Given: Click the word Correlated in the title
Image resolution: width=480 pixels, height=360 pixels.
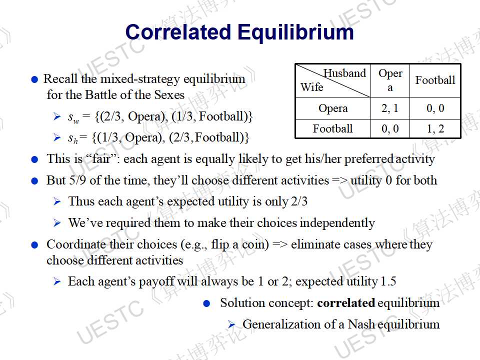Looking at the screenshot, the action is point(178,32).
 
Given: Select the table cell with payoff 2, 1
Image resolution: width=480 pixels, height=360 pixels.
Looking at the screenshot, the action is point(390,108).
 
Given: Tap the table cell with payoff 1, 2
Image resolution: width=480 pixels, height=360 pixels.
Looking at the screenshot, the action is point(435,129).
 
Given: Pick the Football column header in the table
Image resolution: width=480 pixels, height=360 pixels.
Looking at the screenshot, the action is point(435,80).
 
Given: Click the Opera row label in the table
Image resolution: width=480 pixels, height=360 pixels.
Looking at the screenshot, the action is point(333,108).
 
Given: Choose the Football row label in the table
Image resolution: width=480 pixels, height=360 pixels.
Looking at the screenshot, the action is point(333,128).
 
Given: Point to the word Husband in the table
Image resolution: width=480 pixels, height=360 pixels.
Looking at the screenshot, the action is point(344,73).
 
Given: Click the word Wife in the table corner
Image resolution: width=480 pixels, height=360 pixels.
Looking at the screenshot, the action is point(311,87).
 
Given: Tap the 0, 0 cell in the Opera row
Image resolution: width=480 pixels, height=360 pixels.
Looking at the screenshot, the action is point(435,108).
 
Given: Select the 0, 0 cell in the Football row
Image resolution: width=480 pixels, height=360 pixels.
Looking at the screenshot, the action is point(390,129).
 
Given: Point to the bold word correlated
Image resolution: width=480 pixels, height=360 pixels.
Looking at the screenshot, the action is point(346,303).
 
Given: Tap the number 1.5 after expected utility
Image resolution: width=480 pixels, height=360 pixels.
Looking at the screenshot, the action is point(388,281).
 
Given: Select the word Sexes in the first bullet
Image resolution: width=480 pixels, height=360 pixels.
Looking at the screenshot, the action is point(169,95).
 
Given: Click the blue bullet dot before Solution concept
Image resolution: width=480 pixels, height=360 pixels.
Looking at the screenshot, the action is point(206,303).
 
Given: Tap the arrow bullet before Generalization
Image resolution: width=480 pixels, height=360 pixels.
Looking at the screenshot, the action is point(231,324).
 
